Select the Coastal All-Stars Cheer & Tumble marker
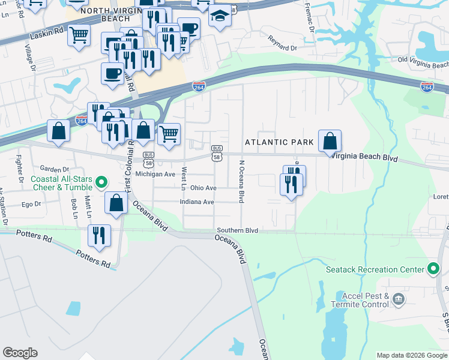(101, 181)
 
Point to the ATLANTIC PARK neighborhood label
(279, 142)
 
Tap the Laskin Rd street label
(47, 37)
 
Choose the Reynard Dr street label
(282, 43)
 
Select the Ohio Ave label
(203, 188)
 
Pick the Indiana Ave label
(197, 202)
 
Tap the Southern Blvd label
(237, 230)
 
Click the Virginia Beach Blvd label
(365, 157)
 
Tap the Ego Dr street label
(31, 204)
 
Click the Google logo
(20, 353)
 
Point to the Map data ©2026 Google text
(411, 355)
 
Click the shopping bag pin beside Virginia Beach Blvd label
(330, 142)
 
